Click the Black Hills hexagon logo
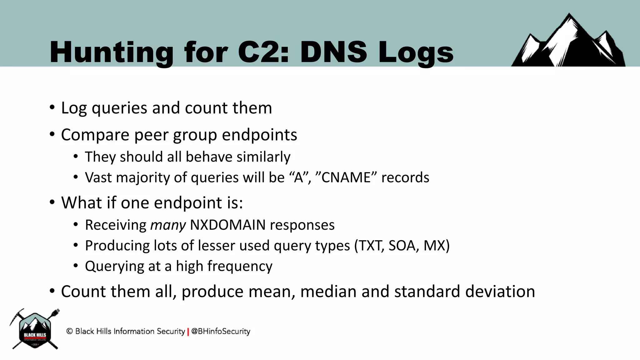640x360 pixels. pyautogui.click(x=35, y=330)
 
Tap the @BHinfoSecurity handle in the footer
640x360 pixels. pyautogui.click(x=221, y=331)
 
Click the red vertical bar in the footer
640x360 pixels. pyautogui.click(x=188, y=332)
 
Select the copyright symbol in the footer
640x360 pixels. pyautogui.click(x=69, y=331)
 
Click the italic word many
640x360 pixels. pyautogui.click(x=168, y=225)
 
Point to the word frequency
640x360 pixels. pyautogui.click(x=240, y=267)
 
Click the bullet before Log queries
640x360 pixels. pyautogui.click(x=52, y=108)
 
